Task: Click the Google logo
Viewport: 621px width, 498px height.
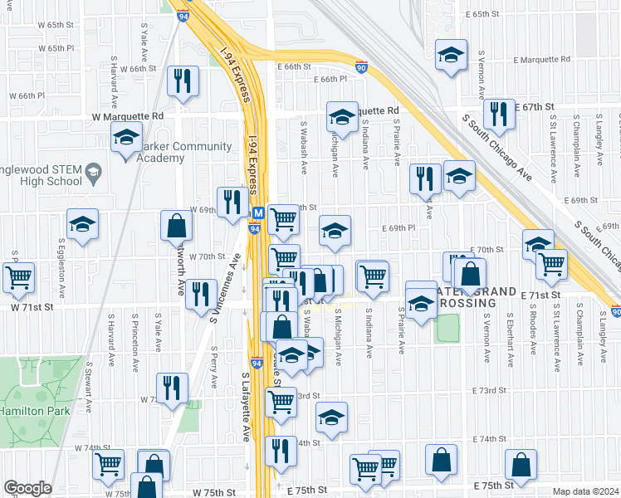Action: (27, 488)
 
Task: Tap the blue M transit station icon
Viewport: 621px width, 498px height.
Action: (257, 213)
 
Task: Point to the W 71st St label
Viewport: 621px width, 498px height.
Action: (26, 308)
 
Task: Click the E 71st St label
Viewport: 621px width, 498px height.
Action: (542, 295)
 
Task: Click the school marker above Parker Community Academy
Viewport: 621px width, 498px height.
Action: (126, 135)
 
